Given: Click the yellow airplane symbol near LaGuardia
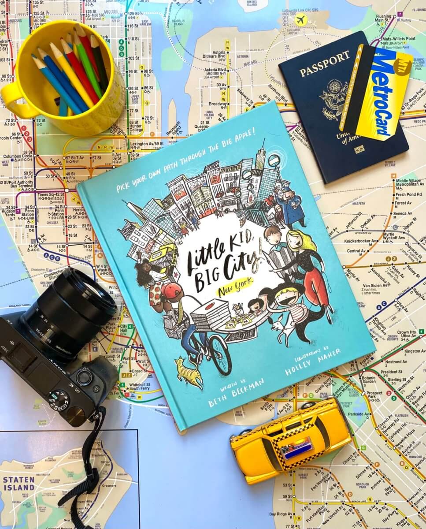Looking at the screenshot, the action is pyautogui.click(x=301, y=20).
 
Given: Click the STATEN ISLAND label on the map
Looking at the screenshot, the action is pyautogui.click(x=19, y=483).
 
